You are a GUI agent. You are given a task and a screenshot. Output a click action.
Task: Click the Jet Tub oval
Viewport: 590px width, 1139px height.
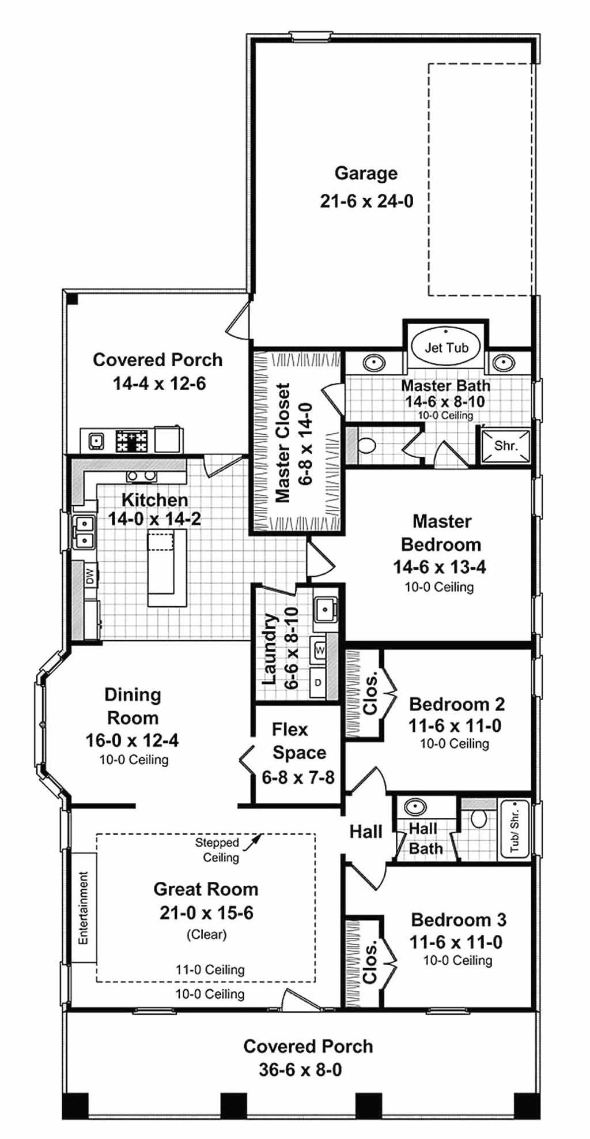(447, 347)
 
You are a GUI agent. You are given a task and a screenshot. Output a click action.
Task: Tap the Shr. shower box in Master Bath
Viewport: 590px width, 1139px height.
(506, 445)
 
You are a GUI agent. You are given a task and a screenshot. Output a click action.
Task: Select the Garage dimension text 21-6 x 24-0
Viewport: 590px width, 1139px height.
(366, 201)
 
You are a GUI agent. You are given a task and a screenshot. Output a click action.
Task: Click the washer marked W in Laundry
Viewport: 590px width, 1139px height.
(320, 650)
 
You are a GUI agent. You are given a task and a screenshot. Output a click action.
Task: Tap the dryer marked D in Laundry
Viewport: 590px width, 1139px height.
(318, 683)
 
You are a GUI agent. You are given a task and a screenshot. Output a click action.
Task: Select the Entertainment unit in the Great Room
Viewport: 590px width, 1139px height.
(83, 908)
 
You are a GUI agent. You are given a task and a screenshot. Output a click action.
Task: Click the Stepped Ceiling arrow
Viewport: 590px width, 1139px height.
(252, 843)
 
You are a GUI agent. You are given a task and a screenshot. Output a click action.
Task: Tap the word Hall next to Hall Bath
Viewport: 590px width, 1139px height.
(366, 832)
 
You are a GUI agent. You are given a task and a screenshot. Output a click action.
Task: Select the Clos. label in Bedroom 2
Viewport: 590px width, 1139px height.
(370, 693)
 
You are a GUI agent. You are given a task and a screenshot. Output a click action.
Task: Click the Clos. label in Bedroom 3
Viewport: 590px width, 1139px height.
(370, 961)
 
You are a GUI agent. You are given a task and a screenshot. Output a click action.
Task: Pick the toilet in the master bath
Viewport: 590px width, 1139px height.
(366, 445)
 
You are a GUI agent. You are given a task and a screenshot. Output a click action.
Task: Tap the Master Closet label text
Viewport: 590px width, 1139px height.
(282, 443)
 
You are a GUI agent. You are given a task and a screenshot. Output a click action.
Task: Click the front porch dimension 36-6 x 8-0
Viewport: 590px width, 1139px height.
(300, 1070)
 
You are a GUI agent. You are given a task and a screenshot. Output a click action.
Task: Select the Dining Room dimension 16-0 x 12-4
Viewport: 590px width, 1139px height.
(132, 740)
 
